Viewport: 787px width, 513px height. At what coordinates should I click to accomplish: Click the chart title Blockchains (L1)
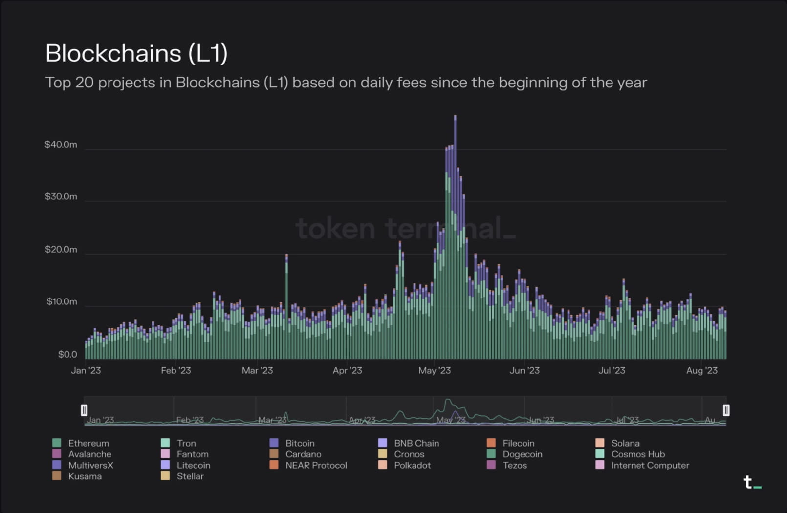136,53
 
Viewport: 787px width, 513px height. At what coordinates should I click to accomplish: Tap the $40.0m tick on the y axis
61,145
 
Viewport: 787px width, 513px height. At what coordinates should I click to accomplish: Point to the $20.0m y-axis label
61,250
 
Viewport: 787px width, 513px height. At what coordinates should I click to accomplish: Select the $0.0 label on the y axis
67,355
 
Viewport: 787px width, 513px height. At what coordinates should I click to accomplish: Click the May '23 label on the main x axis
434,371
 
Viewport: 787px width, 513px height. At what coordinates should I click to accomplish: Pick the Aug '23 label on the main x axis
701,371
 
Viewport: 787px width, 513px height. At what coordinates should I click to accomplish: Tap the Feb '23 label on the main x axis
175,371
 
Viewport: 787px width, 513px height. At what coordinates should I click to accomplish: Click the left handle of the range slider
84,410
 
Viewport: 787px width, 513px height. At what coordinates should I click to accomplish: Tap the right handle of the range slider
726,410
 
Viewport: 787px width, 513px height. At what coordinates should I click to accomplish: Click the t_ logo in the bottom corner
751,482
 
